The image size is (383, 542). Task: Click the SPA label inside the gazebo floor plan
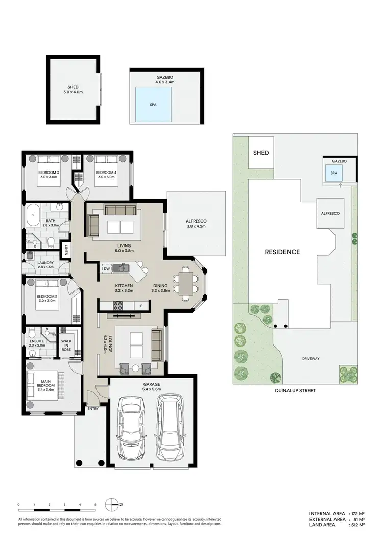click(152, 104)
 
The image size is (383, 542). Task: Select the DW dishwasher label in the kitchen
click(107, 268)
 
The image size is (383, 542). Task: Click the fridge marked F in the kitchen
click(141, 306)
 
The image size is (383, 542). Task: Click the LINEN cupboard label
click(67, 250)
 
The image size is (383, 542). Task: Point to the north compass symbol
click(112, 505)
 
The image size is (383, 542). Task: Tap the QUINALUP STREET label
click(294, 390)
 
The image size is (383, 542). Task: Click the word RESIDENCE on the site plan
click(282, 252)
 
